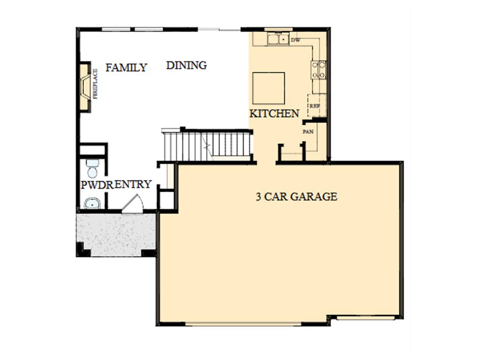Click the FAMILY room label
(x=126, y=67)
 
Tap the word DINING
(x=187, y=65)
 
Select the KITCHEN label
(x=274, y=113)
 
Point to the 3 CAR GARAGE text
(x=296, y=196)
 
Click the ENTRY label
(x=133, y=184)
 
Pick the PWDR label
(x=97, y=185)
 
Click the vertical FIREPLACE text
(x=95, y=84)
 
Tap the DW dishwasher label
(x=295, y=40)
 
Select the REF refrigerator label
(x=315, y=106)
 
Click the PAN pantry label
(x=308, y=132)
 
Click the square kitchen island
(x=269, y=88)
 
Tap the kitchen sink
(x=278, y=39)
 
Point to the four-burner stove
(x=319, y=70)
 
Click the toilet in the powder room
(x=92, y=168)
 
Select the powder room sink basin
(x=92, y=203)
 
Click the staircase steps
(x=207, y=145)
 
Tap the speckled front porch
(x=116, y=234)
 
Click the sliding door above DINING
(x=219, y=30)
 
